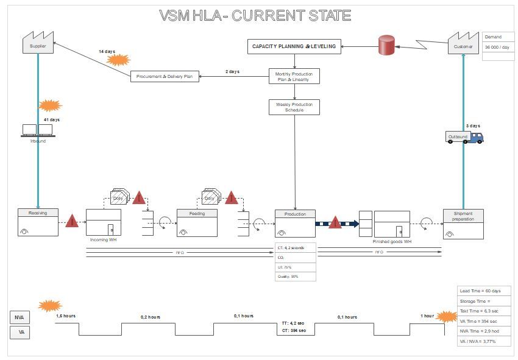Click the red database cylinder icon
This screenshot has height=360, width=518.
(386, 46)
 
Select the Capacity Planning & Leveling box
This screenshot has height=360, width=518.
(295, 46)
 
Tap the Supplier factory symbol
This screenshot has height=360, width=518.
(38, 43)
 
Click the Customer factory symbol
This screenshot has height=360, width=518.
(463, 43)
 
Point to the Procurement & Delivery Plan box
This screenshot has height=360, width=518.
(165, 76)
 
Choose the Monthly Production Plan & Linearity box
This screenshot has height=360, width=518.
(294, 76)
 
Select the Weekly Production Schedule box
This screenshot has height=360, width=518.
(294, 107)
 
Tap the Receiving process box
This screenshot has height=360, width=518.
(38, 223)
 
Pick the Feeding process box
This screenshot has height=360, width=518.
(197, 223)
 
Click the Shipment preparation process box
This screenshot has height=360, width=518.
(463, 224)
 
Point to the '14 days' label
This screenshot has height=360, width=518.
(107, 52)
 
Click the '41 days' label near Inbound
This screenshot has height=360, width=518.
(52, 119)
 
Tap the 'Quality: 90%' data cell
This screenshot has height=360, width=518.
(296, 277)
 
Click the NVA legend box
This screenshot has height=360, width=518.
(19, 317)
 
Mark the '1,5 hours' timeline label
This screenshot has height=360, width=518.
(66, 316)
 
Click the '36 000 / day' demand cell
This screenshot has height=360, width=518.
(497, 47)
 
